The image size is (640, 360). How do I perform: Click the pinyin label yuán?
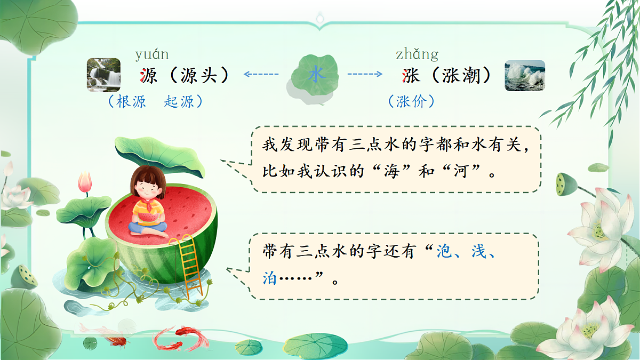point(152,54)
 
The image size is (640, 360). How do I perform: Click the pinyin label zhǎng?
point(417,54)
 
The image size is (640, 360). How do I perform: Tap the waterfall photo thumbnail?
point(103,75)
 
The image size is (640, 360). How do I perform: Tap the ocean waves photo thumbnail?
point(525,75)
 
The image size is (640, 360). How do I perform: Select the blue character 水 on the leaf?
point(316,75)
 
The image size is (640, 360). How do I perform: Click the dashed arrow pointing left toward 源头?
point(261,74)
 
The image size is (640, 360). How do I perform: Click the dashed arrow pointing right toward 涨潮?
point(365,74)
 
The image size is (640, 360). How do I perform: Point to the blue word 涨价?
point(412,101)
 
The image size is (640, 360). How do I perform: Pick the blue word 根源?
point(131,102)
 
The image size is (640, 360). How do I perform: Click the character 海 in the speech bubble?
point(392,173)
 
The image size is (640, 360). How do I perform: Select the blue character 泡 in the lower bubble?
point(444,252)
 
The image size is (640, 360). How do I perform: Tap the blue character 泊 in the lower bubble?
point(270,278)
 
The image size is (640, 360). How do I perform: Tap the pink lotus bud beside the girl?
point(85,182)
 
